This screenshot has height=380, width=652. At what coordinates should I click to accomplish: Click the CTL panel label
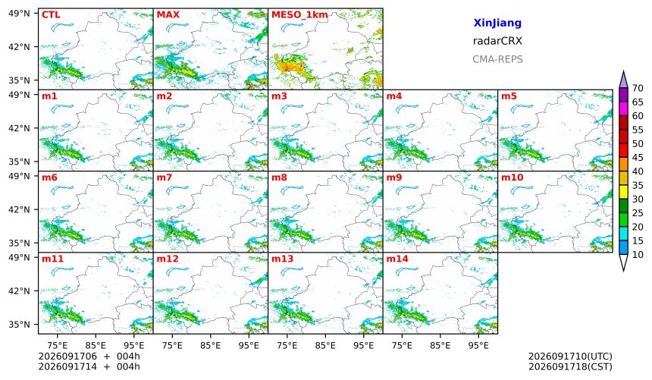coord(51,15)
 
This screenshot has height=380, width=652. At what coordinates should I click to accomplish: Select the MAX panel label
coord(168,15)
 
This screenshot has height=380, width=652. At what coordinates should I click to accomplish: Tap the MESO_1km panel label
coord(299,15)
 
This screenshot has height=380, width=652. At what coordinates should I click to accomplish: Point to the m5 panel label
coord(509,96)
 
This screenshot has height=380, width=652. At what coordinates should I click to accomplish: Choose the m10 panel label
coord(512,177)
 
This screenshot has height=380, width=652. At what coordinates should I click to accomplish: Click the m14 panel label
coord(397,259)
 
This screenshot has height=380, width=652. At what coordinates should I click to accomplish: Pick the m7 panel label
coord(165,177)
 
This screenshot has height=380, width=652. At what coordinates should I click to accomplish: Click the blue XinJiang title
coord(497,23)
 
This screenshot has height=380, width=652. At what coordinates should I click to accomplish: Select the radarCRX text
coord(497,41)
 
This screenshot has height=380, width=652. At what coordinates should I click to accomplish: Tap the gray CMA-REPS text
coord(497,59)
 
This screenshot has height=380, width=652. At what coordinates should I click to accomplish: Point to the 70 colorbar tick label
coord(638,88)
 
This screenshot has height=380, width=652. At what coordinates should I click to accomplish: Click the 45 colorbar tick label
coord(638,158)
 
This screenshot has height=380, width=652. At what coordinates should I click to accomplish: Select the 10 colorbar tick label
coord(638,255)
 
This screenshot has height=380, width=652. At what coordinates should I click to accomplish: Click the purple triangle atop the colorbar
coord(623,80)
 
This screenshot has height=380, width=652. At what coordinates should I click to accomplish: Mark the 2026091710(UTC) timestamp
coord(570,356)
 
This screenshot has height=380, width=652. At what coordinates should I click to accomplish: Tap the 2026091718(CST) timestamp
coord(570,367)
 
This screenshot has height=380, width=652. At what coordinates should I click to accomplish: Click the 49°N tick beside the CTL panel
coord(19,14)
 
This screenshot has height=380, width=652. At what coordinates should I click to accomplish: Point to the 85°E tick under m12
coord(211,345)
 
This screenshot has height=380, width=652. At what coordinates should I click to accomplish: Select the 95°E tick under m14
coord(478,345)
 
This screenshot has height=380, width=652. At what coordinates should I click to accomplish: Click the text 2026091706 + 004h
coord(89,356)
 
